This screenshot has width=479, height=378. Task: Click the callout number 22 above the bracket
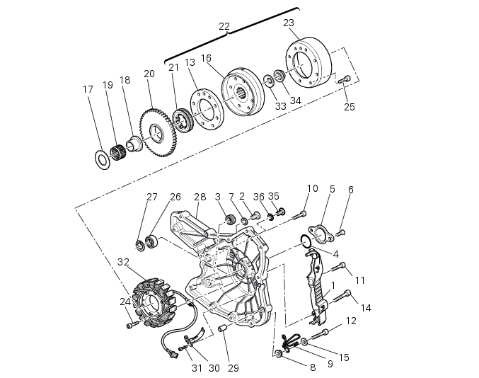click(x=224, y=27)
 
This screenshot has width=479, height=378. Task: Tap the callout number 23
click(x=289, y=23)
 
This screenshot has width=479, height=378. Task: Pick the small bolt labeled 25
click(x=345, y=80)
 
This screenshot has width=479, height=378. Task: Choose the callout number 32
click(x=123, y=262)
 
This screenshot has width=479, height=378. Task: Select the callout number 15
click(x=344, y=358)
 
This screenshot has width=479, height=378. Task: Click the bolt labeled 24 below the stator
click(x=130, y=325)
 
